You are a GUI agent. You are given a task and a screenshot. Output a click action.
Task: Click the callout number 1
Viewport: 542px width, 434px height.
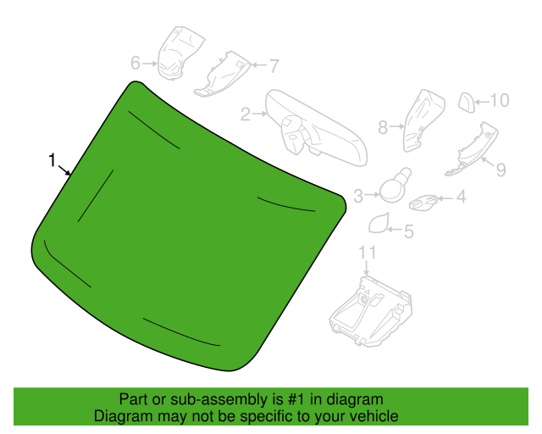[x=53, y=160]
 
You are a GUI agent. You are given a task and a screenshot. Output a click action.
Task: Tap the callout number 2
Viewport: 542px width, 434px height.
[x=246, y=114]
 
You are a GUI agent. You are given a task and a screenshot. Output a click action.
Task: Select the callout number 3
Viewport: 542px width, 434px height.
[x=358, y=197]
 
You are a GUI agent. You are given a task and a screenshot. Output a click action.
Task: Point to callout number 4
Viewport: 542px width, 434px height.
[x=461, y=197]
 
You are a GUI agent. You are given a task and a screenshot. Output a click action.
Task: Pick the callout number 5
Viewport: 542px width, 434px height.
[x=409, y=231]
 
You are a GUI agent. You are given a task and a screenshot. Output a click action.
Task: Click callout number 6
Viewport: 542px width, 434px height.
[x=135, y=63]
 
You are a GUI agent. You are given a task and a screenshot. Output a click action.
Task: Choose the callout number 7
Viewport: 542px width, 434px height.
[x=274, y=66]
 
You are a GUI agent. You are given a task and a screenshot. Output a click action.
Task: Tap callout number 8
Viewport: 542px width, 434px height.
[x=383, y=127]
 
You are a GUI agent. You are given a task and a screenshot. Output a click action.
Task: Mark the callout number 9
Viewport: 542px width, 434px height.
[x=501, y=170]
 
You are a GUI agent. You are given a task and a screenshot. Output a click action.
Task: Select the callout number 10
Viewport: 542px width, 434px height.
[x=500, y=100]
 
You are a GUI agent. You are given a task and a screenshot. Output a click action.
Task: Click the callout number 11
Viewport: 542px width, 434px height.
[x=367, y=253]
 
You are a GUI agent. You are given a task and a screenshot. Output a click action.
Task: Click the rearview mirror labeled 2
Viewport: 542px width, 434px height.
[x=316, y=128]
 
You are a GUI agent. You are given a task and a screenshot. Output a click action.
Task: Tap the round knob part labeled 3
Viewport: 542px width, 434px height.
[x=395, y=186]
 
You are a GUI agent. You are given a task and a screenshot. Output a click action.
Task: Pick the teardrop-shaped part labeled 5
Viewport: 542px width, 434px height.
[x=379, y=223]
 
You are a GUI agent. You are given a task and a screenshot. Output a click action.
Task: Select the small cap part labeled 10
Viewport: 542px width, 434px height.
[x=467, y=103]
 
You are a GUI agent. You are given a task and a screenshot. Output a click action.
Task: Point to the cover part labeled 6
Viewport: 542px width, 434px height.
[x=180, y=53]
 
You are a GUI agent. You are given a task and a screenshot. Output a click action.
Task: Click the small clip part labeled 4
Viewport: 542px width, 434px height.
[x=423, y=202]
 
